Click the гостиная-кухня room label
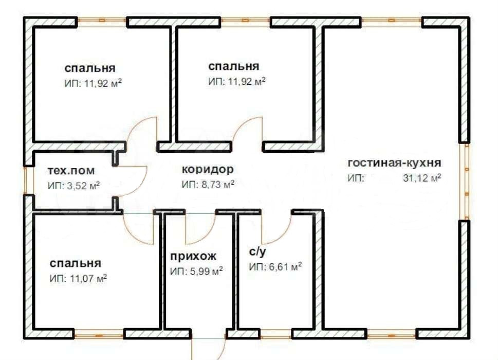394,164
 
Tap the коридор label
208,169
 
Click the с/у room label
257,253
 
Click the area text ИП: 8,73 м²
208,184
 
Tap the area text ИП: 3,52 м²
73,185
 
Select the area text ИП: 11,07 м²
78,278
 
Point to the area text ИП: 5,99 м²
197,271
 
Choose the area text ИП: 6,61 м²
275,267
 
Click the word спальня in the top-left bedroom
90,68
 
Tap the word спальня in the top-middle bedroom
234,66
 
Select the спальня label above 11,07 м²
76,263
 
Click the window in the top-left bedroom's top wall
102,21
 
